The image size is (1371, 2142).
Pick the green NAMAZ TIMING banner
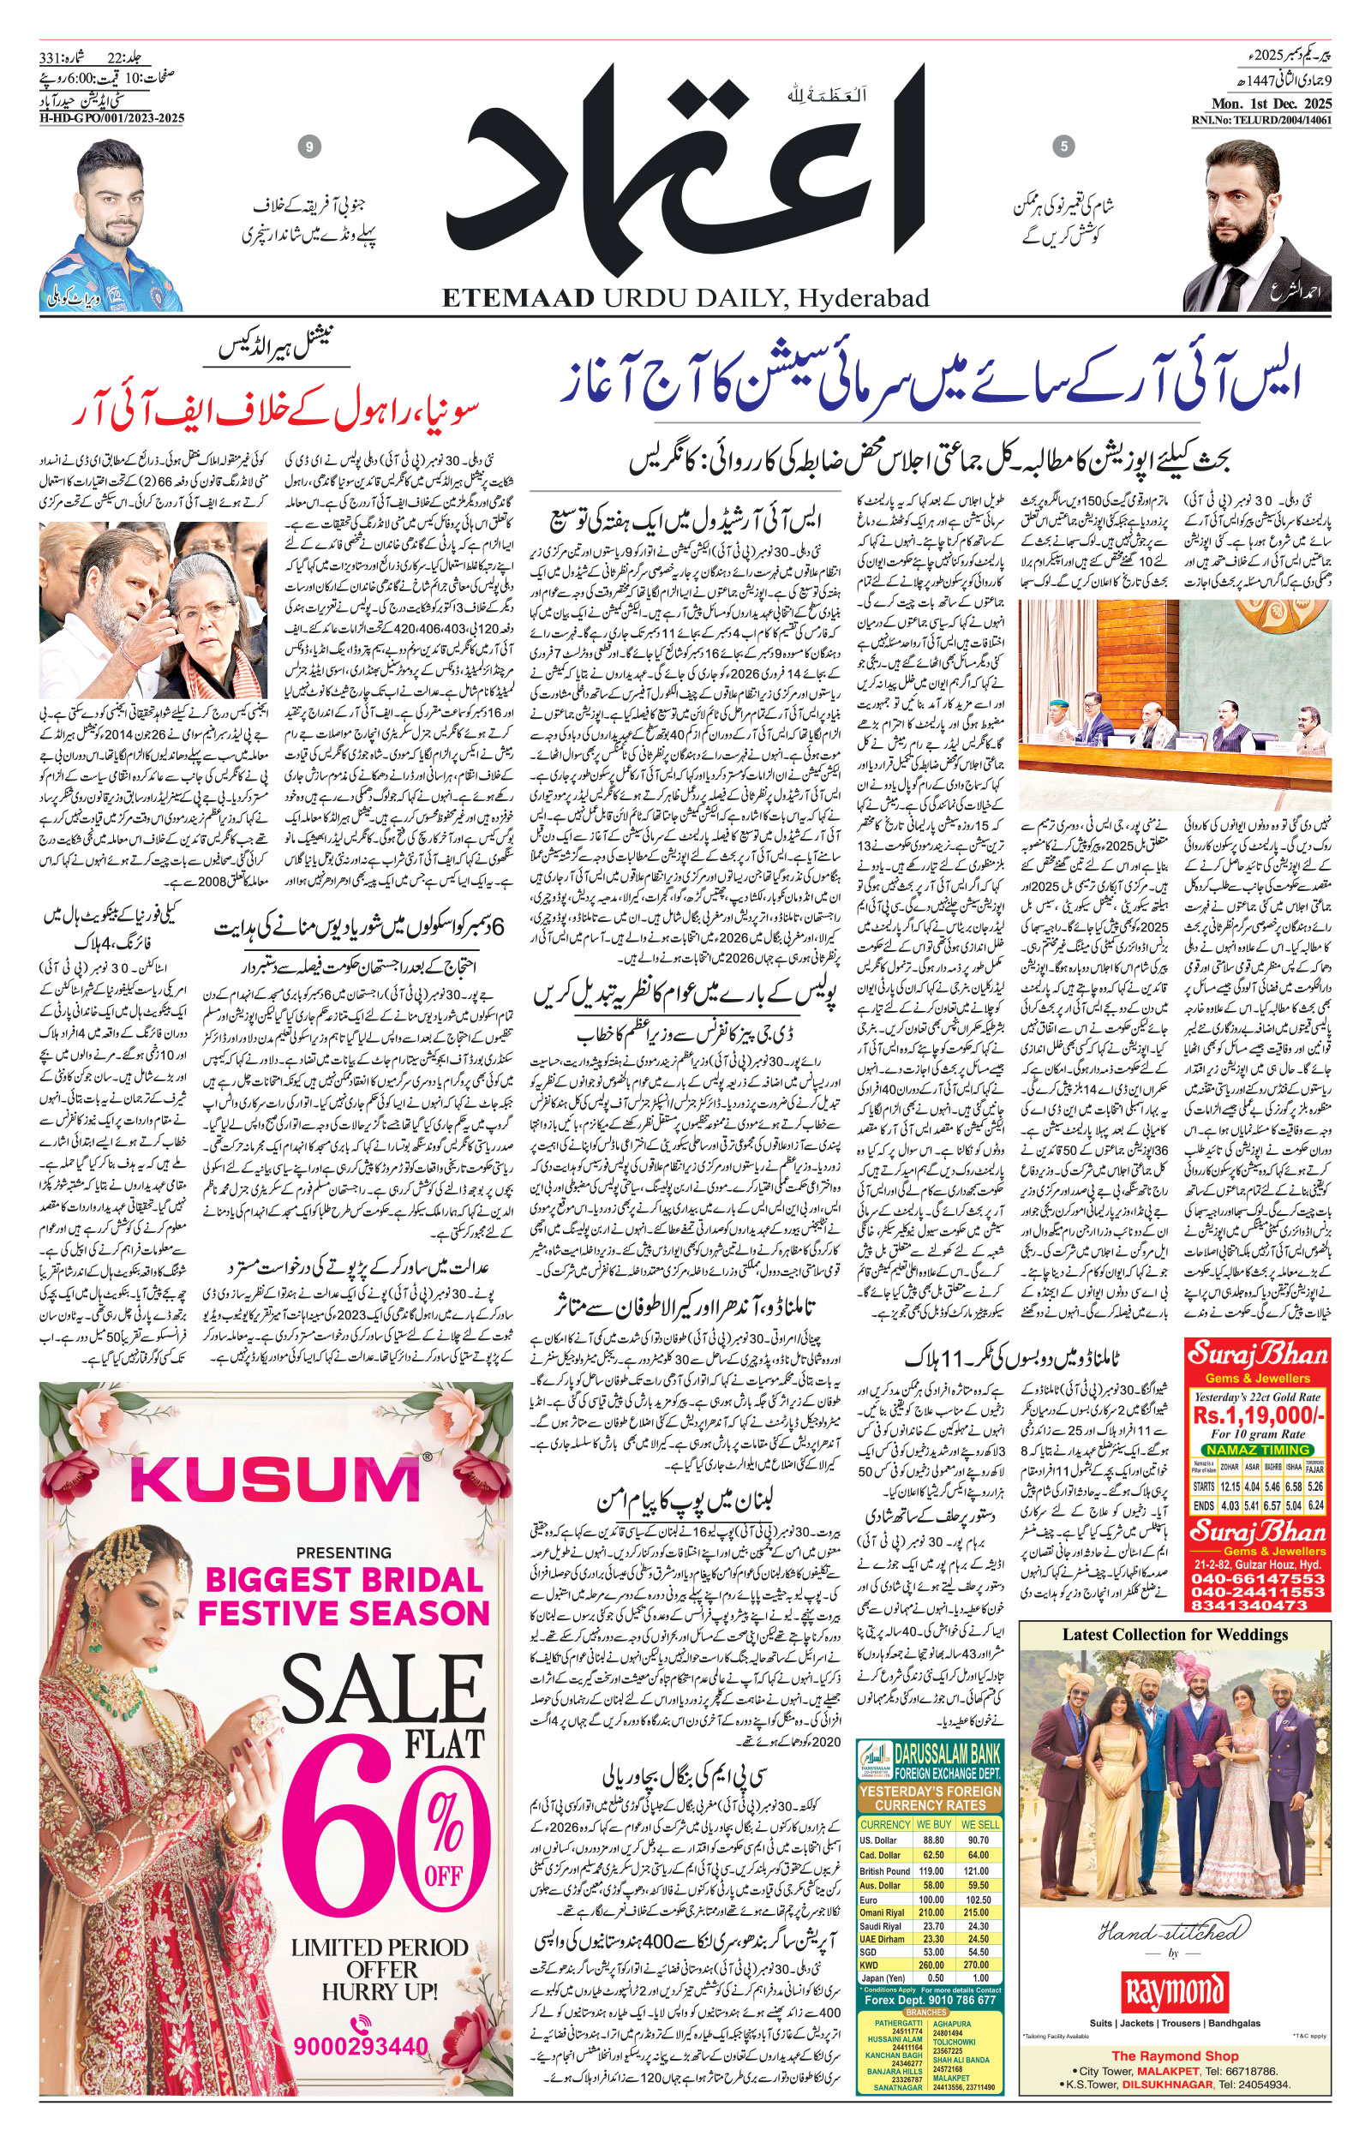pyautogui.click(x=1259, y=1450)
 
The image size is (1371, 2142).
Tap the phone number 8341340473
pyautogui.click(x=1259, y=1604)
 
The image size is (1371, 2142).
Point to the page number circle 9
pyautogui.click(x=309, y=147)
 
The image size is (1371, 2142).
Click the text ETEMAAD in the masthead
pyautogui.click(x=518, y=298)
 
